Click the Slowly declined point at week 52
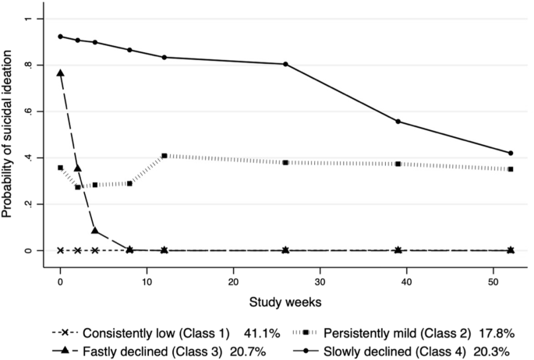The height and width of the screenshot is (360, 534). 511,153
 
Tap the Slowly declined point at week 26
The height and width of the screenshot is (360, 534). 285,64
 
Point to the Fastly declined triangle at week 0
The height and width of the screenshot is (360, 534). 60,73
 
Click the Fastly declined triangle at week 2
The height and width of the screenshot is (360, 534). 77,168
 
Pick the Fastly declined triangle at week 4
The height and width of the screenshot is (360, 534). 94,231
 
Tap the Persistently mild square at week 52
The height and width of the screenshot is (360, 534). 511,169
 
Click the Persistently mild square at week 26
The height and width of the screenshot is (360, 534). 285,162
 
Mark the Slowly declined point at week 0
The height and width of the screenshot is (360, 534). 60,37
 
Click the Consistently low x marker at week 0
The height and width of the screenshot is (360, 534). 60,250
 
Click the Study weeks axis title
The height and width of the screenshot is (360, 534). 285,300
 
